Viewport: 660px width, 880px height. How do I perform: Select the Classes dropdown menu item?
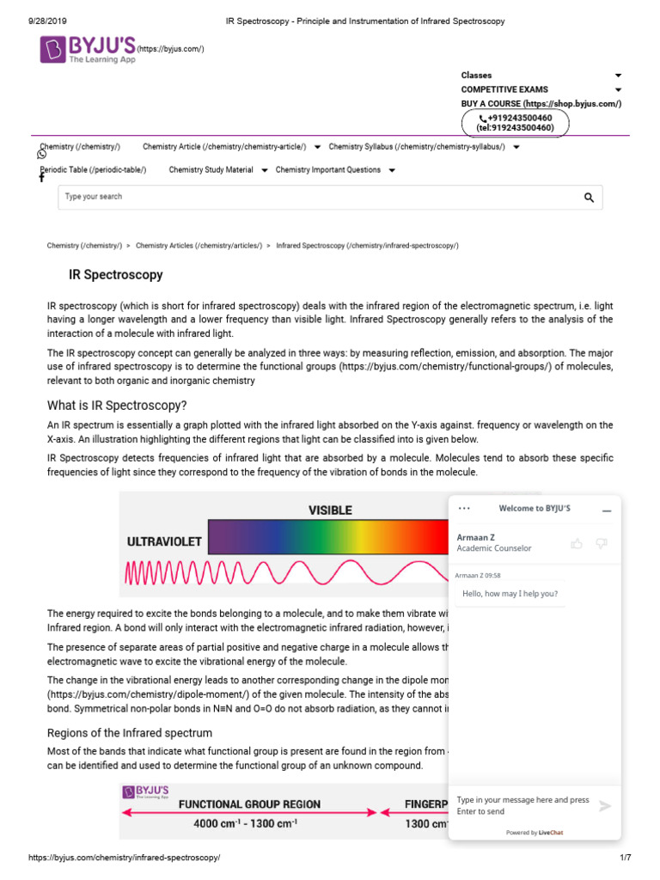tap(477, 76)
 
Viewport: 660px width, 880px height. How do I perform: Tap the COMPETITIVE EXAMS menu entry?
tap(504, 89)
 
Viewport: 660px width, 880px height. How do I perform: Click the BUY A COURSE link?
tap(541, 103)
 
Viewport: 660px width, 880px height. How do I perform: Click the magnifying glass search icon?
tap(589, 198)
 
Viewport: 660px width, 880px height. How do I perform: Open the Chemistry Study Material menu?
tap(211, 170)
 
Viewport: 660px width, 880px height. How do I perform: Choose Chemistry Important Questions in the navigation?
tap(328, 170)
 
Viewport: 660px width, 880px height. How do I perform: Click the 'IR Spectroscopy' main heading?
tap(116, 275)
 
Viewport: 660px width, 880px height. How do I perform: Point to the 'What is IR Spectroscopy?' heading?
tap(117, 406)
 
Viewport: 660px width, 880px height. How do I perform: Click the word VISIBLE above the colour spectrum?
tap(330, 510)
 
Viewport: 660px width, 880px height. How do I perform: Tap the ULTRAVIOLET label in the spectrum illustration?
tap(164, 542)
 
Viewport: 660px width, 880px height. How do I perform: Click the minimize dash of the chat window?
tap(607, 510)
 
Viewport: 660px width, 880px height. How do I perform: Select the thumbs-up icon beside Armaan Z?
tap(577, 543)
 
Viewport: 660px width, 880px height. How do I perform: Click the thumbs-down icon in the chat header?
tap(602, 543)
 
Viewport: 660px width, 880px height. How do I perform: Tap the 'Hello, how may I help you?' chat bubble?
tap(510, 594)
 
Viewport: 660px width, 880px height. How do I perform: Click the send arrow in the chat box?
tap(605, 806)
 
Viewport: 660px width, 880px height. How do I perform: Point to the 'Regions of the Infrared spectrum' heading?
tap(129, 733)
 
